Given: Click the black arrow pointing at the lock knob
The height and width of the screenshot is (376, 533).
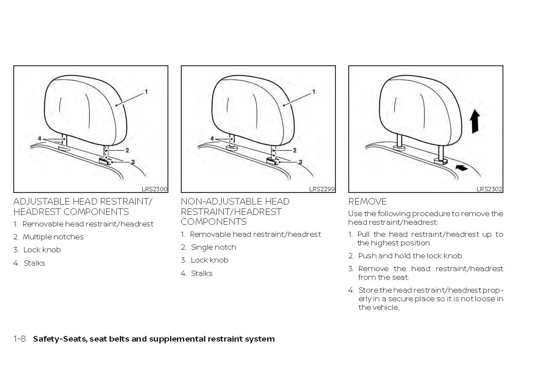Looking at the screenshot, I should pyautogui.click(x=461, y=169).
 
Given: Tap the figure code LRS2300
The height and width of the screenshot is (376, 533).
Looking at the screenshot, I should pyautogui.click(x=154, y=189).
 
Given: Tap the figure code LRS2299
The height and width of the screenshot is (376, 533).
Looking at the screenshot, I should pyautogui.click(x=322, y=189).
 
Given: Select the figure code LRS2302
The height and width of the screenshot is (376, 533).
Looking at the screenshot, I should pyautogui.click(x=489, y=189).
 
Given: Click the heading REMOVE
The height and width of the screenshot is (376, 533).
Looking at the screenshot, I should pyautogui.click(x=367, y=202).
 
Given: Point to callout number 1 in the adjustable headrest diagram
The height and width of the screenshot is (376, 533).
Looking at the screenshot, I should pyautogui.click(x=146, y=92).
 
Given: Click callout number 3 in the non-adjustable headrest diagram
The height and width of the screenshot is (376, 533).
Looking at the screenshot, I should pyautogui.click(x=300, y=162).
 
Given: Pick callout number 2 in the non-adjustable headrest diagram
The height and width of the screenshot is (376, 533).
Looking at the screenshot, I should pyautogui.click(x=295, y=150).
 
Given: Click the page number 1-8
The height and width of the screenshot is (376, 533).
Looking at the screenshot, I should pyautogui.click(x=20, y=339).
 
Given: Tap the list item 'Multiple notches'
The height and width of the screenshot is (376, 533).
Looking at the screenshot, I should pyautogui.click(x=53, y=237).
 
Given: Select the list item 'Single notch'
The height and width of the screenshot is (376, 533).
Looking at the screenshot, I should pyautogui.click(x=213, y=247).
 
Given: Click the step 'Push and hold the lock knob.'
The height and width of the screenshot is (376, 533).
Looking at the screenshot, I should pyautogui.click(x=410, y=256).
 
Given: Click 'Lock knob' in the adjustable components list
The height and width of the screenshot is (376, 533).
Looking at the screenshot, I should pyautogui.click(x=42, y=250).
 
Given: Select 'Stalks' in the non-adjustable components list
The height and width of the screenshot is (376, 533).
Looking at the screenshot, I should pyautogui.click(x=201, y=273).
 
